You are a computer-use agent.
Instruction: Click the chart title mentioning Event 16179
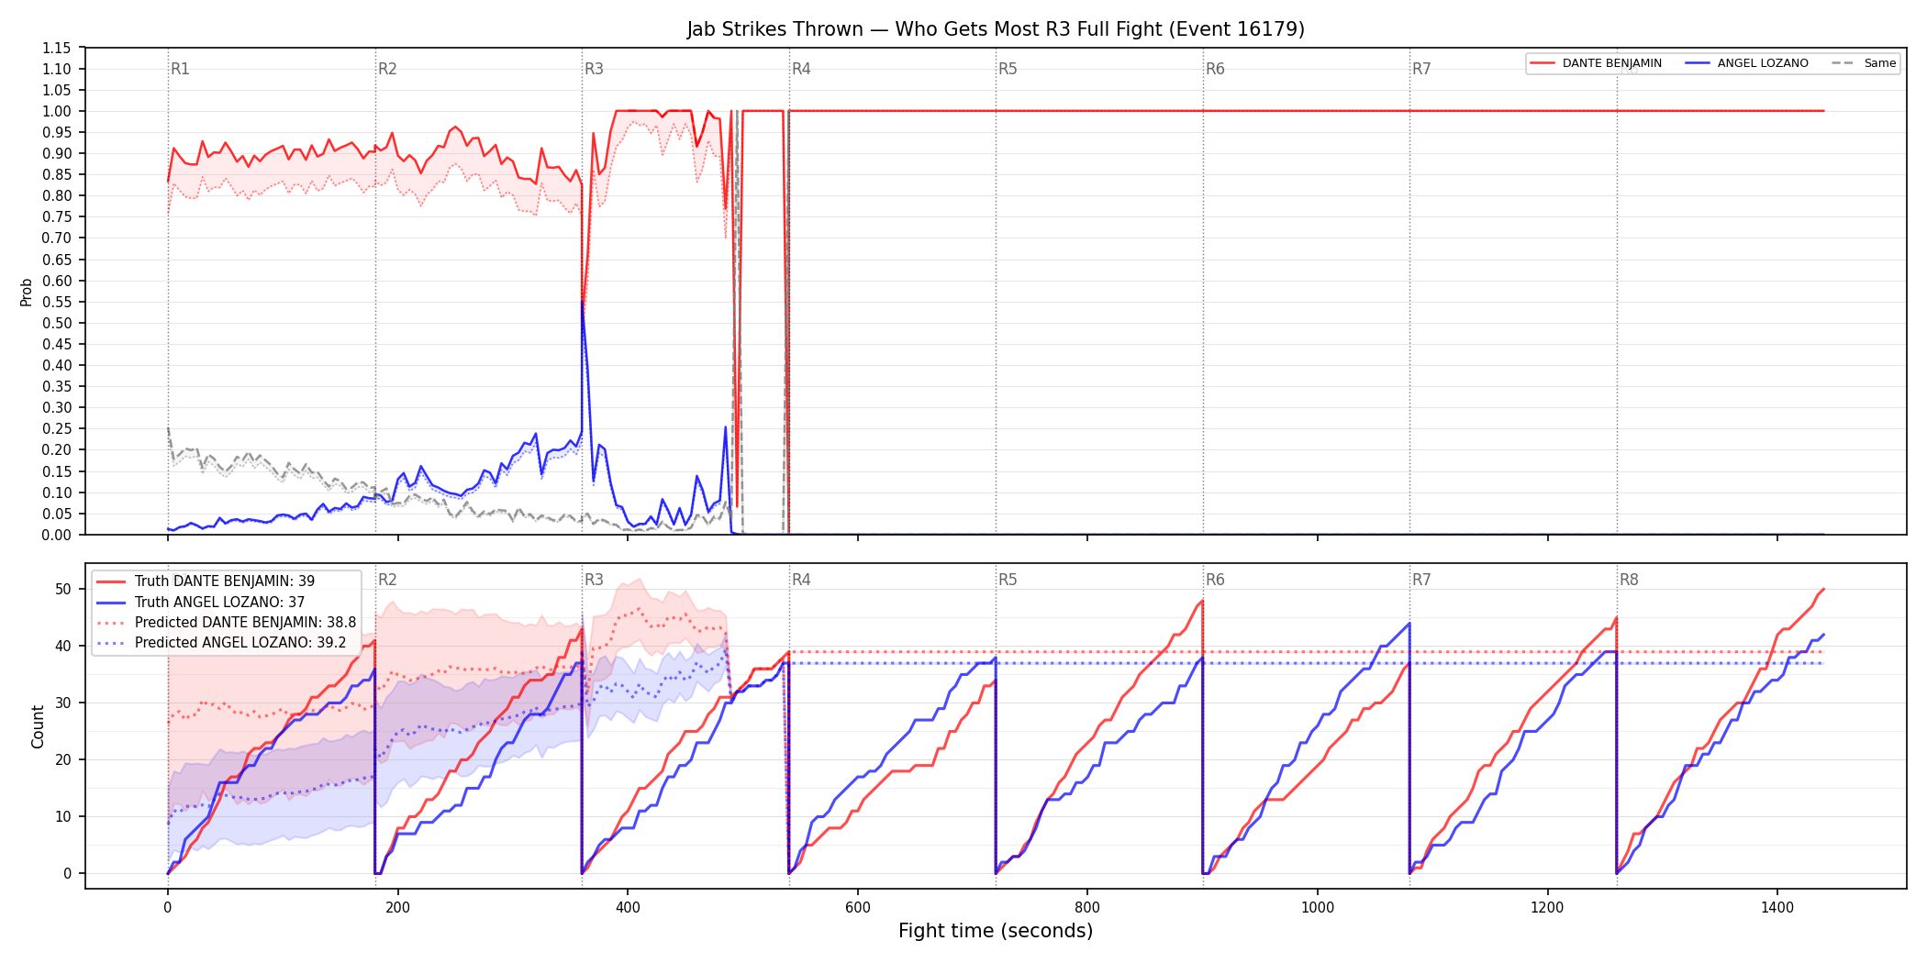[996, 29]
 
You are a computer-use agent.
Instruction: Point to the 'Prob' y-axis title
[27, 292]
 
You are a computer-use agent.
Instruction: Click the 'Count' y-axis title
[38, 726]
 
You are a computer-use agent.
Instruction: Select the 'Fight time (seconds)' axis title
[996, 931]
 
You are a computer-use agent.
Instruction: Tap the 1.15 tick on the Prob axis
[57, 48]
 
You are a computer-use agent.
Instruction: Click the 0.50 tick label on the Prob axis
[57, 323]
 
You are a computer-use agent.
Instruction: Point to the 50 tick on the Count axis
[63, 589]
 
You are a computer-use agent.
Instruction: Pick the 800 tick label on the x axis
[1087, 908]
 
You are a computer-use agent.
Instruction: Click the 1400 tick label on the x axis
[1777, 908]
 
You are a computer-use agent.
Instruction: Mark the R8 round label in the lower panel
[1629, 580]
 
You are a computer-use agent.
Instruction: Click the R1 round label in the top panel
[180, 69]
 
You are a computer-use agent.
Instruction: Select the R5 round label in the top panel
[1008, 69]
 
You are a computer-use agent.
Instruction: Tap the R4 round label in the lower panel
[801, 580]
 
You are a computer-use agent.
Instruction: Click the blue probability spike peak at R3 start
[583, 302]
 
